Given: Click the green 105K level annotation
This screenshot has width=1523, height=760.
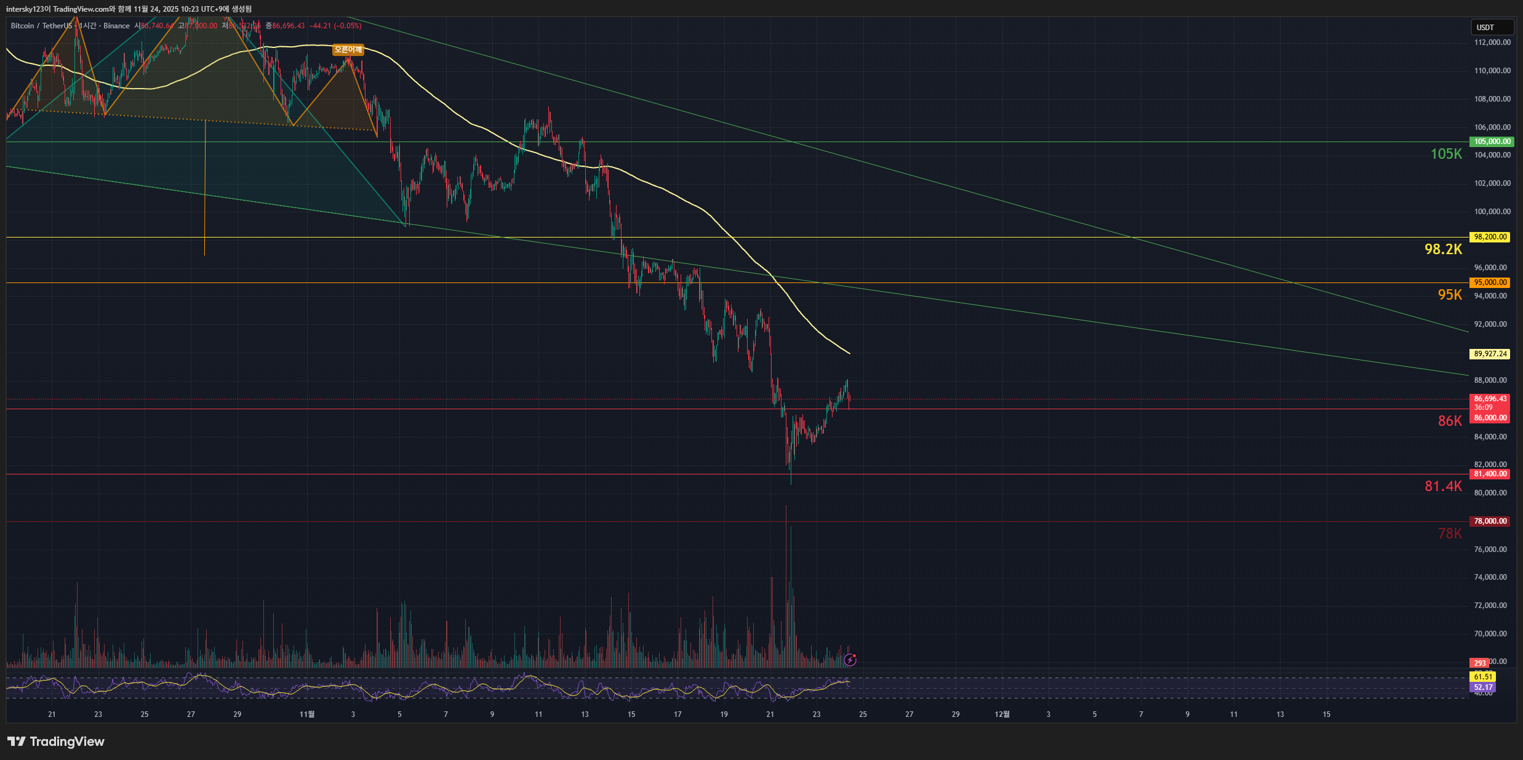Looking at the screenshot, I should pos(1445,154).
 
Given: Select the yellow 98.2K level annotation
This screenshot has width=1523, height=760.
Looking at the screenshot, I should pos(1443,249).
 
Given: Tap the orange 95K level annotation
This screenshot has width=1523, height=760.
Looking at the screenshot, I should pos(1449,295).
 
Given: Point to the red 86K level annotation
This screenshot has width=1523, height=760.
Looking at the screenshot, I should pos(1449,421).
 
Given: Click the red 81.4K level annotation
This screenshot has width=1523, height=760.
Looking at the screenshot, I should pos(1443,486).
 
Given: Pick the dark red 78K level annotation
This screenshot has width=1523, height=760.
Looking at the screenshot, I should pos(1449,534).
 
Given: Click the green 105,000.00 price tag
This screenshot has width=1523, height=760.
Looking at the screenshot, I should pos(1490,142).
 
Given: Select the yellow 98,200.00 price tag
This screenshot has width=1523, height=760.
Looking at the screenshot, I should pos(1490,237).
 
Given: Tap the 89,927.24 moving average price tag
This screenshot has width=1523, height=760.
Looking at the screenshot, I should pos(1490,354).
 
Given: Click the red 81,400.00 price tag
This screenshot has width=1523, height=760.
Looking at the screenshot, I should pos(1490,474).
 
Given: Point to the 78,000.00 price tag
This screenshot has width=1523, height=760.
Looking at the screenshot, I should pos(1490,521).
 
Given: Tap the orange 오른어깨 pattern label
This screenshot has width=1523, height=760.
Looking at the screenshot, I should pos(348,50).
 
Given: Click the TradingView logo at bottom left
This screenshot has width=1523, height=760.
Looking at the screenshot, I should pos(56,742).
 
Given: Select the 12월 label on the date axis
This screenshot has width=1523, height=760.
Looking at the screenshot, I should pos(1002,714).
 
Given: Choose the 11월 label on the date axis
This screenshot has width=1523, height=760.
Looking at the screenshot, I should pos(306,714).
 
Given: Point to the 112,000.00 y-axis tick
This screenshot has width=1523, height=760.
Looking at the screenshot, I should pos(1492,42).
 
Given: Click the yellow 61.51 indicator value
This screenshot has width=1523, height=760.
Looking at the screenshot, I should pos(1483,677).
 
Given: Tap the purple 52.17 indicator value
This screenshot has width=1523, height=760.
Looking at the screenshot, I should pos(1483,687).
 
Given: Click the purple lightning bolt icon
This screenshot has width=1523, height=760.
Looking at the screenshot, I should pos(850,660).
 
